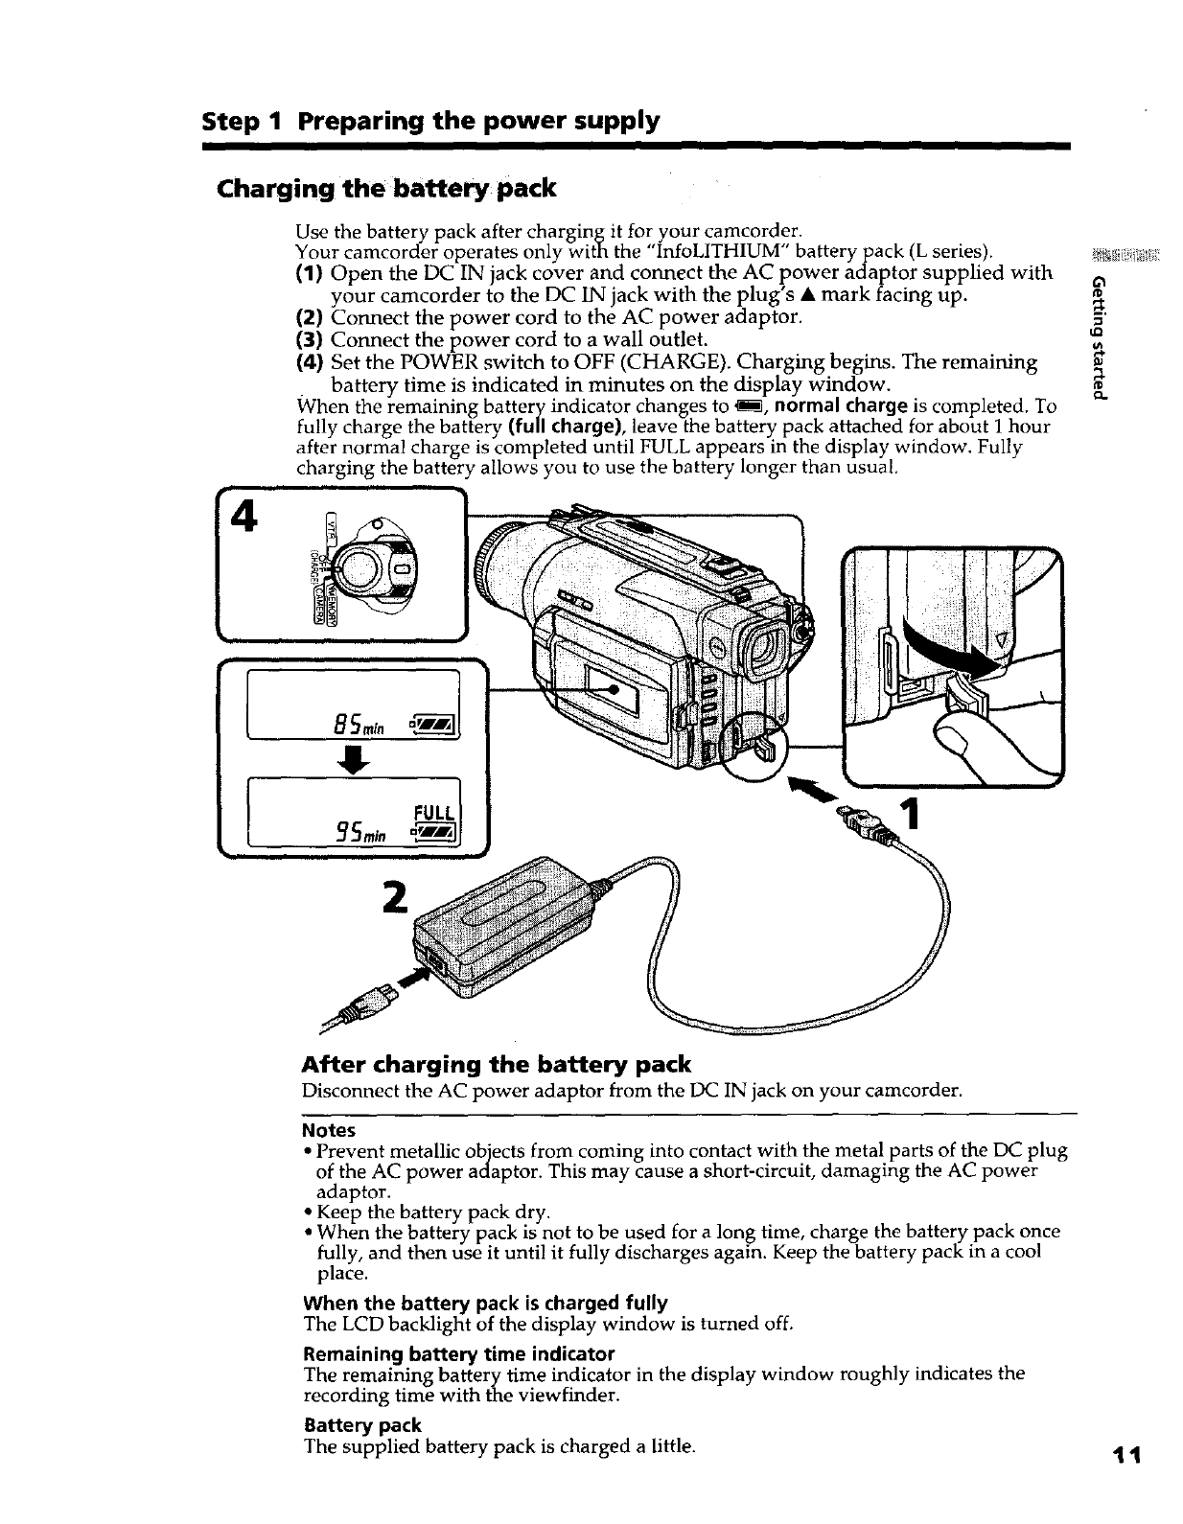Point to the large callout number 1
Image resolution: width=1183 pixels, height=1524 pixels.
[x=911, y=816]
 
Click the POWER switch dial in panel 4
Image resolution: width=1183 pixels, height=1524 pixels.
[x=362, y=572]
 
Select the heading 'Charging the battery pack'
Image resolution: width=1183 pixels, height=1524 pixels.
[x=387, y=188]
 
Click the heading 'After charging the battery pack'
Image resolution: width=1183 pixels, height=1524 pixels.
[x=496, y=1064]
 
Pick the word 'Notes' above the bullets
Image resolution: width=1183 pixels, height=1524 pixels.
[x=329, y=1130]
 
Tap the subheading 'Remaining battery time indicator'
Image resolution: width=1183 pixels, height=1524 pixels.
[x=458, y=1353]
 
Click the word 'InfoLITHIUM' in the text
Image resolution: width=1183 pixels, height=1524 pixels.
[x=716, y=252]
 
